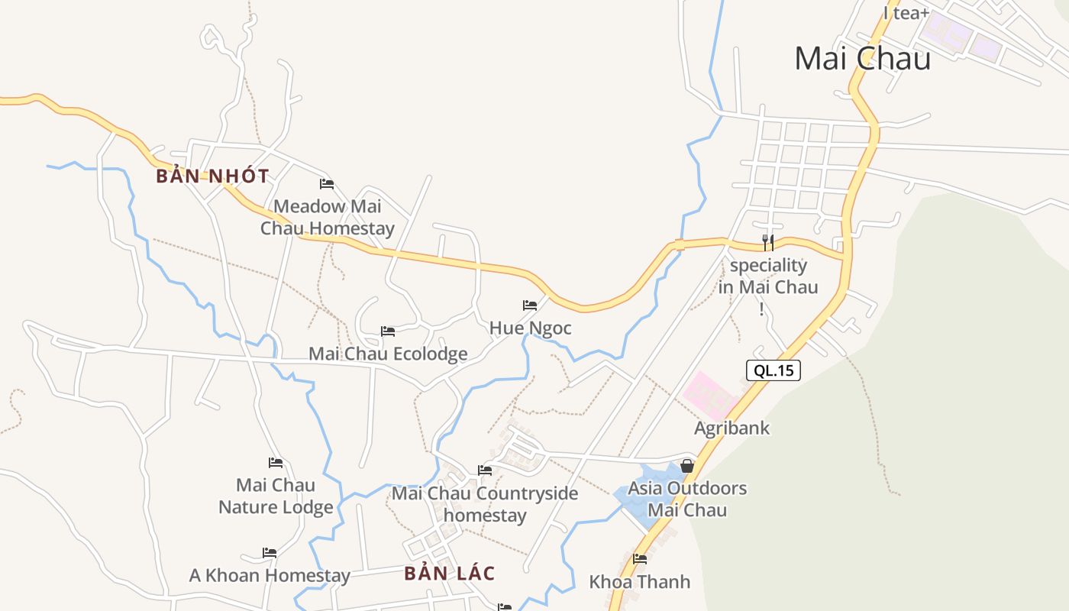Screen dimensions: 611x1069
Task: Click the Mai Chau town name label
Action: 862,59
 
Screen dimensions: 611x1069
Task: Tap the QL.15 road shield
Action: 773,371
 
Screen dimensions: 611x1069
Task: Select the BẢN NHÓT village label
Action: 212,176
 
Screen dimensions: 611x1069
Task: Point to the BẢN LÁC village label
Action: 450,573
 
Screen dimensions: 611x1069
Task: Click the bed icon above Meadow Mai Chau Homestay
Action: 327,184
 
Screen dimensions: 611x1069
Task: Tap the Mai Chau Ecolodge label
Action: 388,354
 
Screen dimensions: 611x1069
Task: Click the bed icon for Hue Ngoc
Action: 530,305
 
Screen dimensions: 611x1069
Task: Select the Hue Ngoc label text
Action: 530,328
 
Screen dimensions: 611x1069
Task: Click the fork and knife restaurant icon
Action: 768,243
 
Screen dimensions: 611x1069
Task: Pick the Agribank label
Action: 732,428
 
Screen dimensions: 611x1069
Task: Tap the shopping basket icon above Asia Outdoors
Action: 686,465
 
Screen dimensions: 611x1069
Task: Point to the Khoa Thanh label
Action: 639,582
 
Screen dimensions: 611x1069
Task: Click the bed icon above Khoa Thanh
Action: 640,559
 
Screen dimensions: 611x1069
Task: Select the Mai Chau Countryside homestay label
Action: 485,504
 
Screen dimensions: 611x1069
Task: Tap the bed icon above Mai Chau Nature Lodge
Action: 276,463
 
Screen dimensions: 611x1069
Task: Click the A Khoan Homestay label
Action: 270,575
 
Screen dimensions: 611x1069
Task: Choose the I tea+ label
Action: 906,13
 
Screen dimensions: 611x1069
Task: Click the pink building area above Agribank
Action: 709,393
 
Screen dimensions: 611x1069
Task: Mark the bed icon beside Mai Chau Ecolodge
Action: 388,331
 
